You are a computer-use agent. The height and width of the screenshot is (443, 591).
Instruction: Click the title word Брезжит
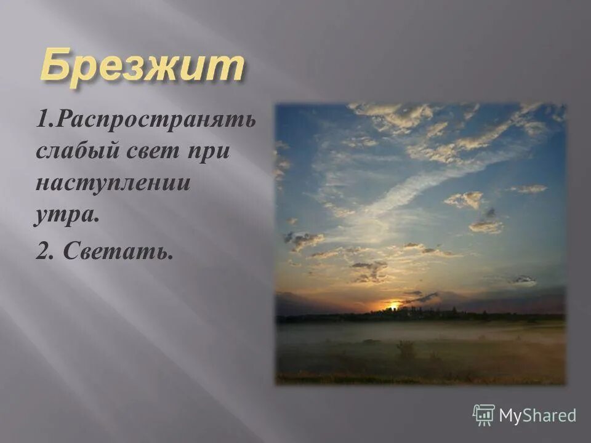[141, 67]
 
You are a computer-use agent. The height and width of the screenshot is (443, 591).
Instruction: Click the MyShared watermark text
[537, 415]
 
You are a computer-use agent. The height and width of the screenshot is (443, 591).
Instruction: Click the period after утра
[97, 221]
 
